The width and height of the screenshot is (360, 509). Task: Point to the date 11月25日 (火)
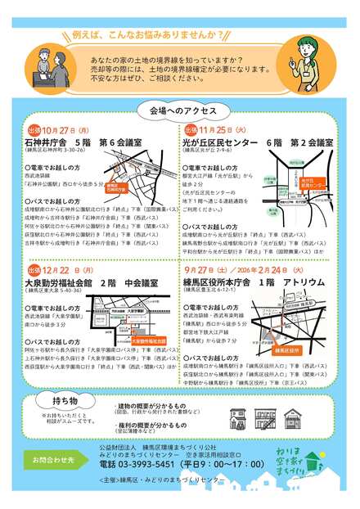tap(224, 130)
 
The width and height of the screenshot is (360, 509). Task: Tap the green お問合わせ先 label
tap(53, 461)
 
